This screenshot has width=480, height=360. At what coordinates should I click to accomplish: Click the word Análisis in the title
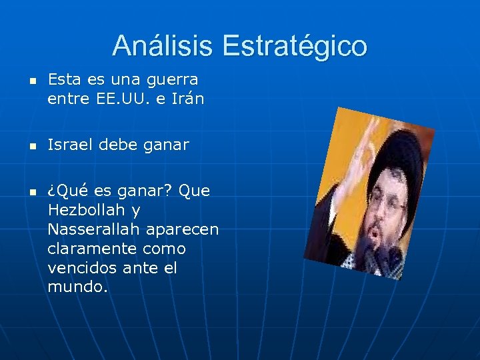[164, 46]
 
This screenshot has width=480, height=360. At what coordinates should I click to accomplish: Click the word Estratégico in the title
[295, 46]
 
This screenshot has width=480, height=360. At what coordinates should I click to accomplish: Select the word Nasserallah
[90, 229]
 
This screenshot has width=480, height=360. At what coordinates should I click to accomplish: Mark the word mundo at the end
[75, 287]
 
